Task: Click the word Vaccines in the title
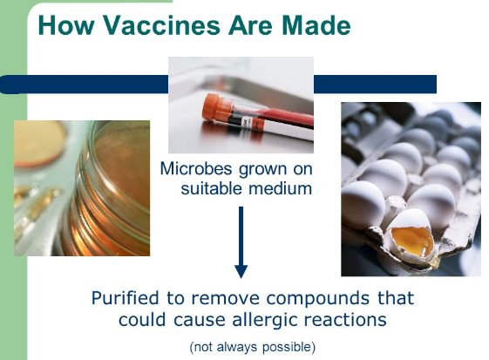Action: click(162, 25)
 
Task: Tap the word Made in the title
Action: click(316, 25)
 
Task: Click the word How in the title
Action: click(65, 25)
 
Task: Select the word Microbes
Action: click(196, 169)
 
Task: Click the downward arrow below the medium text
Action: click(241, 242)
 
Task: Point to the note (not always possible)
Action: click(253, 347)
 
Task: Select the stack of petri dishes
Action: click(106, 190)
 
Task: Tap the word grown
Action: click(262, 170)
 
